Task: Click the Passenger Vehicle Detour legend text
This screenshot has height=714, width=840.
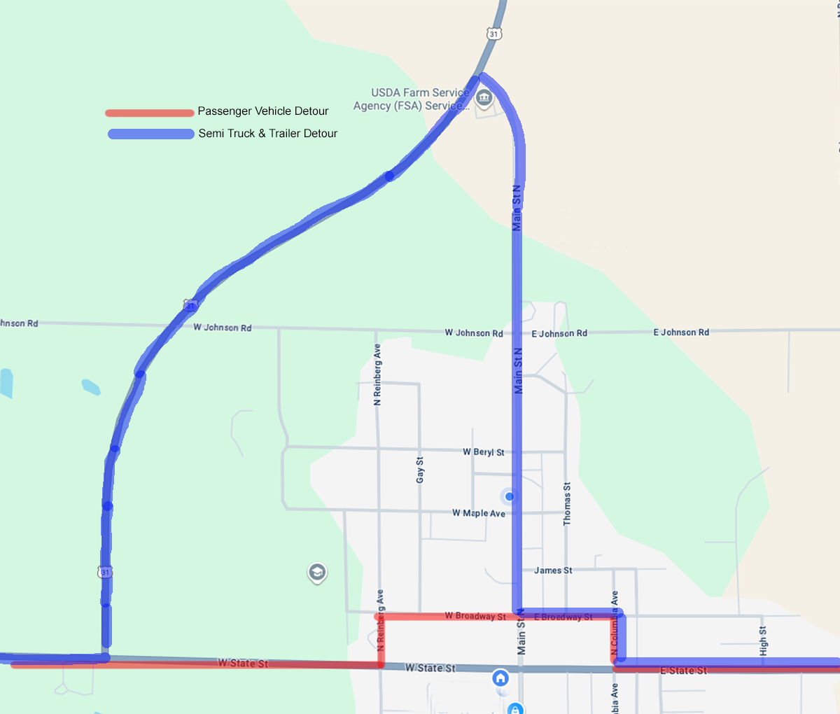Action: (262, 111)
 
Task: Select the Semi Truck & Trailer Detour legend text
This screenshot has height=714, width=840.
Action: (267, 134)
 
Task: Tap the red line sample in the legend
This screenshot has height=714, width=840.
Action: (149, 113)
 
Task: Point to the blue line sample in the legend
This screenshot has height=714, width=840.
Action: (150, 134)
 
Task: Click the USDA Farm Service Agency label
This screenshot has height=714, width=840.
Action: (411, 99)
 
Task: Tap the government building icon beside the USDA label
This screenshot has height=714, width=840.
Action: (484, 99)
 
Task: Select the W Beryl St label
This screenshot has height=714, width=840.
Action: (483, 452)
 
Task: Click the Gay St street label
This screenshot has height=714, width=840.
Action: (420, 470)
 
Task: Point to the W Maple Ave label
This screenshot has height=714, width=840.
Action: (478, 513)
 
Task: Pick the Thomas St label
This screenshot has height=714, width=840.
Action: (567, 503)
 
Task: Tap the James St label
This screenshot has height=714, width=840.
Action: (553, 570)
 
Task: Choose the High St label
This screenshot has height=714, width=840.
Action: (763, 640)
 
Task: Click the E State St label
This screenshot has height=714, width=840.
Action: (683, 671)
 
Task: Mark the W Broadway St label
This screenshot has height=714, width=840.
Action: (475, 616)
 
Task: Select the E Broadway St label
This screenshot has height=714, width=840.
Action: (563, 617)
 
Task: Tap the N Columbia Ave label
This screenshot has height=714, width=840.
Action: (614, 626)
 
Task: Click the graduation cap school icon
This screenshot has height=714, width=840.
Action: (317, 573)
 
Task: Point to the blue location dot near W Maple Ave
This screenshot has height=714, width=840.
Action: (510, 496)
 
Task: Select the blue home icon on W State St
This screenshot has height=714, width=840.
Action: (500, 678)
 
